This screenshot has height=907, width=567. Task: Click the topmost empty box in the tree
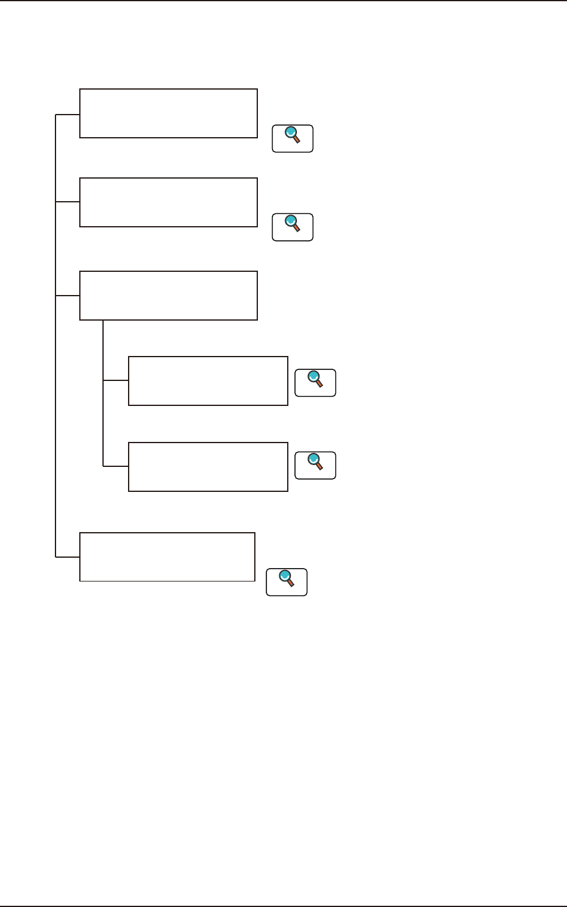coord(168,113)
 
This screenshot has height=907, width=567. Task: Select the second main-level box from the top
coord(168,202)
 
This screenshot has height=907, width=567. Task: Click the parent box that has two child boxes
coord(168,296)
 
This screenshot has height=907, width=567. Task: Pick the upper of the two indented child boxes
coord(208,381)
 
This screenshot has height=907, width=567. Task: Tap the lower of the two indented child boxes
coord(208,467)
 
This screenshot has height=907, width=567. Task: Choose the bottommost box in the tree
coord(167,557)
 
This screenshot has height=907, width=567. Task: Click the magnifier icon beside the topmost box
coord(293,138)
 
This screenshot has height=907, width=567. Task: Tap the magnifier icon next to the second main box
coord(293,227)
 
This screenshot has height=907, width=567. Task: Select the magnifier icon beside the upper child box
coord(315,383)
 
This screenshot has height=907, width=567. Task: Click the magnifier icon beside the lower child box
coord(315,465)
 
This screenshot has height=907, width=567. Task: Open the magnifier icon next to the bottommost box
coord(287,582)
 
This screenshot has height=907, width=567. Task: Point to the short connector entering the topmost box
coord(68,114)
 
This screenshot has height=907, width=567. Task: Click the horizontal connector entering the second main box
coord(68,202)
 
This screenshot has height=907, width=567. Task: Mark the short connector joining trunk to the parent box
coord(68,296)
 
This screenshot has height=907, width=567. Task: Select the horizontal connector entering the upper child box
coord(115,381)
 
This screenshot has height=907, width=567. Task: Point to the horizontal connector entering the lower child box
coord(115,466)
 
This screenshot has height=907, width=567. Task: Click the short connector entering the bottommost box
coord(68,557)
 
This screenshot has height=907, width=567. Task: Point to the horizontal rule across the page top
coord(283,1)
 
